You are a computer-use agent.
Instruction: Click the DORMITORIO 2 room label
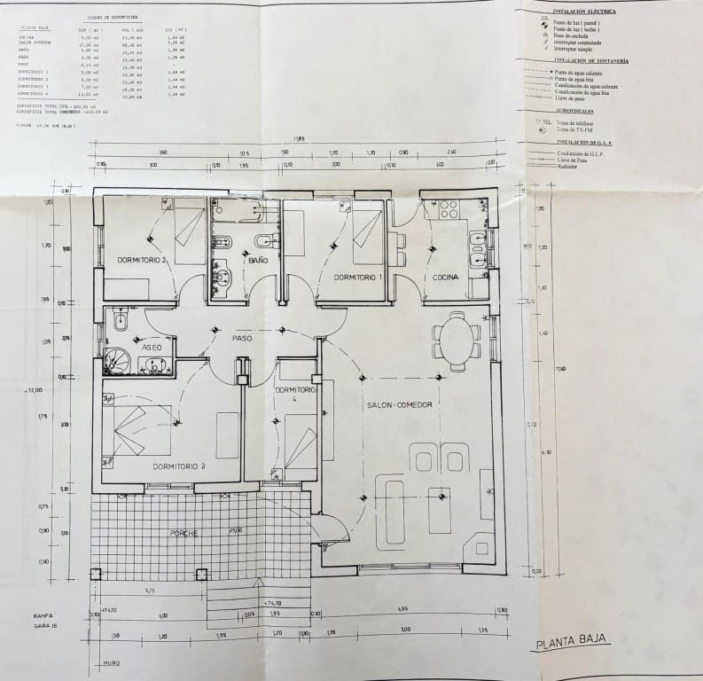click(x=143, y=260)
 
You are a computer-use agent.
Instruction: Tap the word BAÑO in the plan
click(x=258, y=261)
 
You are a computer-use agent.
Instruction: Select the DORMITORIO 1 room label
click(x=357, y=278)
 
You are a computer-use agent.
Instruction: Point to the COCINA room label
click(x=446, y=278)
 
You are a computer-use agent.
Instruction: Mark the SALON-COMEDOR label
click(x=399, y=404)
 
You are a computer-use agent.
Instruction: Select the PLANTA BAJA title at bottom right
click(x=573, y=645)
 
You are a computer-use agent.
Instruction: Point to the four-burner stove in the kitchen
click(x=447, y=210)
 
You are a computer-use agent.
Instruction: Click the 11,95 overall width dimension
click(x=301, y=139)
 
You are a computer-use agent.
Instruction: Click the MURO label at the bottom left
click(x=110, y=661)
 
